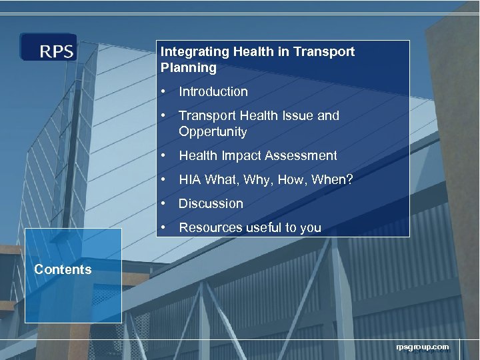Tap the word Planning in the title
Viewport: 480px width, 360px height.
[x=189, y=68]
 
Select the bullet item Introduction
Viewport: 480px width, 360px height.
[x=213, y=92]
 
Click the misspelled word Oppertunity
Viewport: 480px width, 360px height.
[x=213, y=132]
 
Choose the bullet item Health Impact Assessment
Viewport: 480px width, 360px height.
[x=257, y=156]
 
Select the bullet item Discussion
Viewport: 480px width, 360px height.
[x=211, y=204]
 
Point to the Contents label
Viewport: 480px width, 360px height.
[x=63, y=270]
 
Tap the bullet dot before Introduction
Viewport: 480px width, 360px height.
[x=163, y=92]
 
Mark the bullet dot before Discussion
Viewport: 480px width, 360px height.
[x=163, y=204]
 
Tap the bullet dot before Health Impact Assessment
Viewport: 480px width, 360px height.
[x=163, y=156]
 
